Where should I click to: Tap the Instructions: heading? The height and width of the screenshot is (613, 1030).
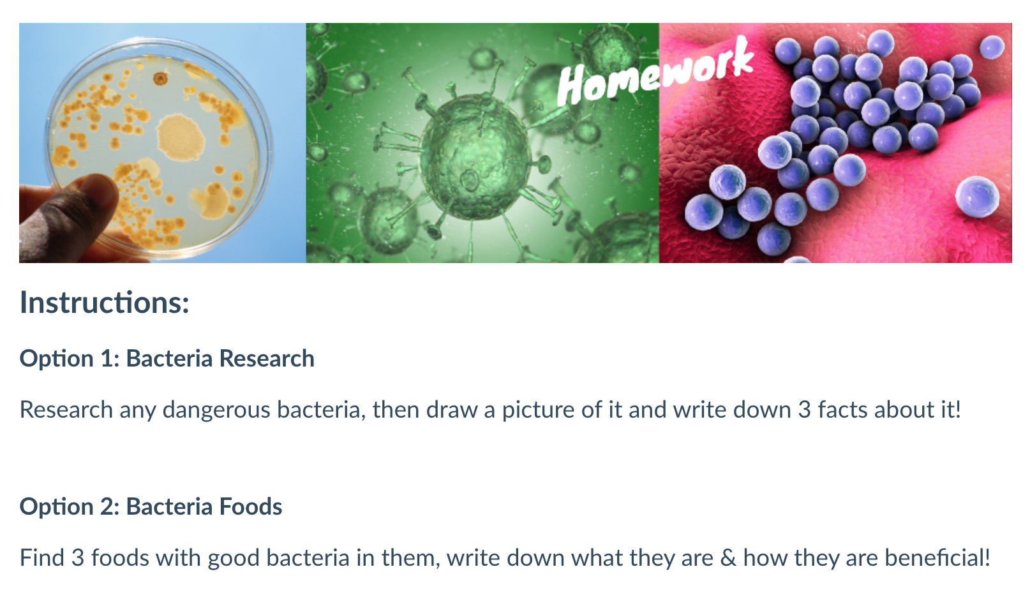105,303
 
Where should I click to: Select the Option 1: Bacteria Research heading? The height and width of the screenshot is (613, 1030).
167,358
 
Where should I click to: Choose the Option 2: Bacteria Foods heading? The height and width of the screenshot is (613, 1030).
151,507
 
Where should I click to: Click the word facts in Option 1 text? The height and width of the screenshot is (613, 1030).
842,409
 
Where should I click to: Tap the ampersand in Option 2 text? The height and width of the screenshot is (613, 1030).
728,558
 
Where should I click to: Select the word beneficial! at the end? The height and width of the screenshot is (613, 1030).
937,558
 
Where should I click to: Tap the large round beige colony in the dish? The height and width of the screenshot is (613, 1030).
181,137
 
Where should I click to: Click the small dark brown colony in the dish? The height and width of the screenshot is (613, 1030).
160,79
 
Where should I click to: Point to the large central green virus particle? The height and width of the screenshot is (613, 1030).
476,156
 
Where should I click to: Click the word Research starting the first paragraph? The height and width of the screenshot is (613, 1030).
66,409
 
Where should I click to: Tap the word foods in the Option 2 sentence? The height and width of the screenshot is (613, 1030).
119,558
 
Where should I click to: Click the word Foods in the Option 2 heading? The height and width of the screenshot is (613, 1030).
250,507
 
